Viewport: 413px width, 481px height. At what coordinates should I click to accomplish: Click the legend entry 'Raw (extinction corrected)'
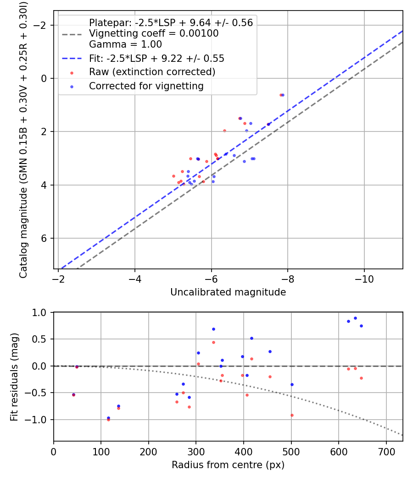click(x=152, y=72)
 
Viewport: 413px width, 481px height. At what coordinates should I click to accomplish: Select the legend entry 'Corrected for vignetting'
click(x=146, y=86)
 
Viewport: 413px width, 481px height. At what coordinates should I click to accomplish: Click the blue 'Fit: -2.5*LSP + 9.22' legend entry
click(x=156, y=59)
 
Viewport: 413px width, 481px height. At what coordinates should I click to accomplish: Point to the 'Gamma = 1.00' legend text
click(x=125, y=45)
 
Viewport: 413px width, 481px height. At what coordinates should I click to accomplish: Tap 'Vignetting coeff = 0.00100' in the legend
click(x=154, y=33)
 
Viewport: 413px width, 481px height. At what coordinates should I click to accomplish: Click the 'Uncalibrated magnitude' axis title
click(x=228, y=292)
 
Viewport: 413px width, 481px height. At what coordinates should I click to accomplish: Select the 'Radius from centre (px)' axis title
click(x=228, y=465)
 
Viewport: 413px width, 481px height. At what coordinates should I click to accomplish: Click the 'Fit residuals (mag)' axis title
click(x=14, y=377)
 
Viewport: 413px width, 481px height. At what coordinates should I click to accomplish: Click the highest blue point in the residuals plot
click(x=355, y=318)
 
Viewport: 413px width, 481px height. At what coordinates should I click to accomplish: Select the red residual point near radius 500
click(x=292, y=415)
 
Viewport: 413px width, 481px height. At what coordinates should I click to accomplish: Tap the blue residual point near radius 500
click(x=292, y=384)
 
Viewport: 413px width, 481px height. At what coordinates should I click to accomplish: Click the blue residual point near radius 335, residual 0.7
click(x=213, y=329)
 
